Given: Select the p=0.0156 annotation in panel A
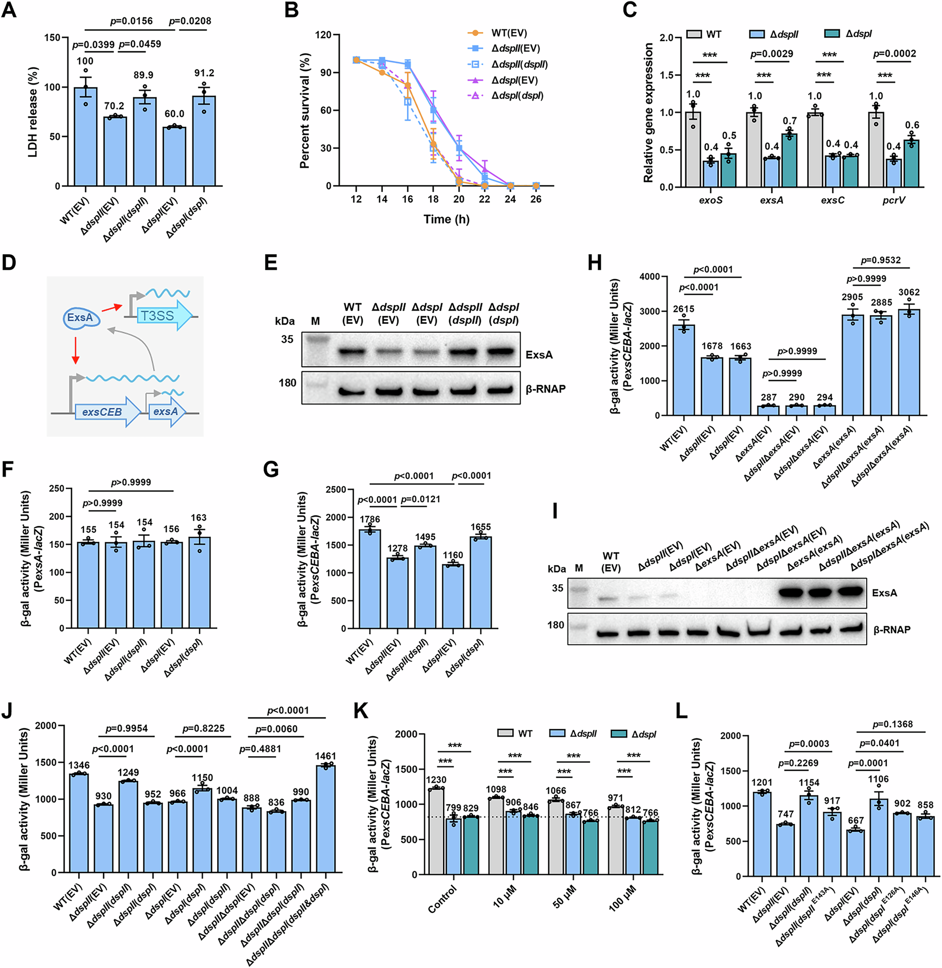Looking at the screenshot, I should tap(131, 21).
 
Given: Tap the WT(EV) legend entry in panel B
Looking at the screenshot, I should tap(509, 33).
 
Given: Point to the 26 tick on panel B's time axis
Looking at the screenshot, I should tap(536, 199).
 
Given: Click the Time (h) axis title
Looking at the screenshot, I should tap(446, 219).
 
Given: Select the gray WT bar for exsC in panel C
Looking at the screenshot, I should tap(814, 150).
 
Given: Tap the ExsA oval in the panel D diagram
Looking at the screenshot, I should tap(81, 317).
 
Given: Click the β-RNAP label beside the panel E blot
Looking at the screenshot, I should tap(546, 389).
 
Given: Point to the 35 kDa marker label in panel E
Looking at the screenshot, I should tap(287, 339).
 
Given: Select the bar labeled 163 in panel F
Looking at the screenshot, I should tap(199, 583).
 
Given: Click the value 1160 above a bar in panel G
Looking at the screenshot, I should tap(453, 555).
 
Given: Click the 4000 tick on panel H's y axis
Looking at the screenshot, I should tap(649, 276).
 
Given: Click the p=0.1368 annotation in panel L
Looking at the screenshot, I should tap(892, 724).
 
